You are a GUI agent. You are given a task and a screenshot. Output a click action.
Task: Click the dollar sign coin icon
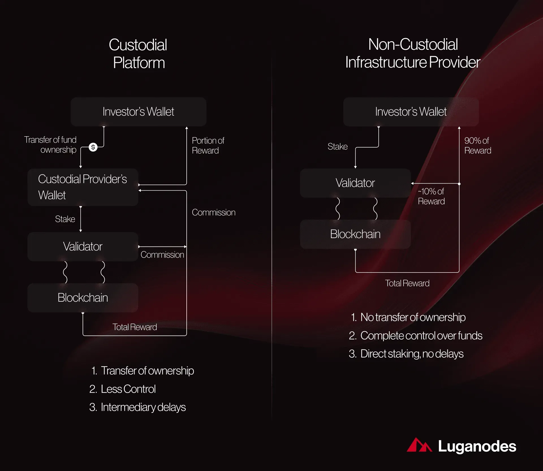click(93, 147)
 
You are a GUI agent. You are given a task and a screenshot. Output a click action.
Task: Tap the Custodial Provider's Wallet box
click(83, 187)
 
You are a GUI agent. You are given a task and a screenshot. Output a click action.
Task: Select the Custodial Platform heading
click(138, 54)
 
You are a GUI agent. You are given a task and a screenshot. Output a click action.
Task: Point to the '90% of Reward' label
click(478, 145)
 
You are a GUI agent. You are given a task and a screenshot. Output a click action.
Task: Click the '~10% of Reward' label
click(431, 196)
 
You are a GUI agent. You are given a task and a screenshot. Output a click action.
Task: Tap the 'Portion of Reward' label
click(208, 145)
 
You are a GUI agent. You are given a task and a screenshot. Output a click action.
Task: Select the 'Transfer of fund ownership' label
click(50, 144)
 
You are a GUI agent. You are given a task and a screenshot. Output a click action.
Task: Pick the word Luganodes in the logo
click(477, 446)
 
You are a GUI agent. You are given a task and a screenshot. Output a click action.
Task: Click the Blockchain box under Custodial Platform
click(83, 298)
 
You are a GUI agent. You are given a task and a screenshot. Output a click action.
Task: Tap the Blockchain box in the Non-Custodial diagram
click(355, 234)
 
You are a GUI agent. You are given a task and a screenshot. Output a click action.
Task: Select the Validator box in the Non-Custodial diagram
click(355, 183)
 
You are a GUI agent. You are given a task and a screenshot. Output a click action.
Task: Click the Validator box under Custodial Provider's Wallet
click(83, 247)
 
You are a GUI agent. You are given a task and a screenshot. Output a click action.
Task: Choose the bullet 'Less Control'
click(122, 389)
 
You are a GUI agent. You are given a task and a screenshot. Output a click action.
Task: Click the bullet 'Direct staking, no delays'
click(406, 354)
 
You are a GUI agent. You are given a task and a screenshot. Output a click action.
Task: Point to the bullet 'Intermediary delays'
click(137, 407)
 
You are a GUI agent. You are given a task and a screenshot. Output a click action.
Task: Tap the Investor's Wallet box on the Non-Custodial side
click(411, 112)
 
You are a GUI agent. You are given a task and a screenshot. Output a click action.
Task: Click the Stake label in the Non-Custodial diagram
click(337, 146)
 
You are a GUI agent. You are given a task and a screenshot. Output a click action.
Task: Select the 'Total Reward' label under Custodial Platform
click(135, 327)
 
